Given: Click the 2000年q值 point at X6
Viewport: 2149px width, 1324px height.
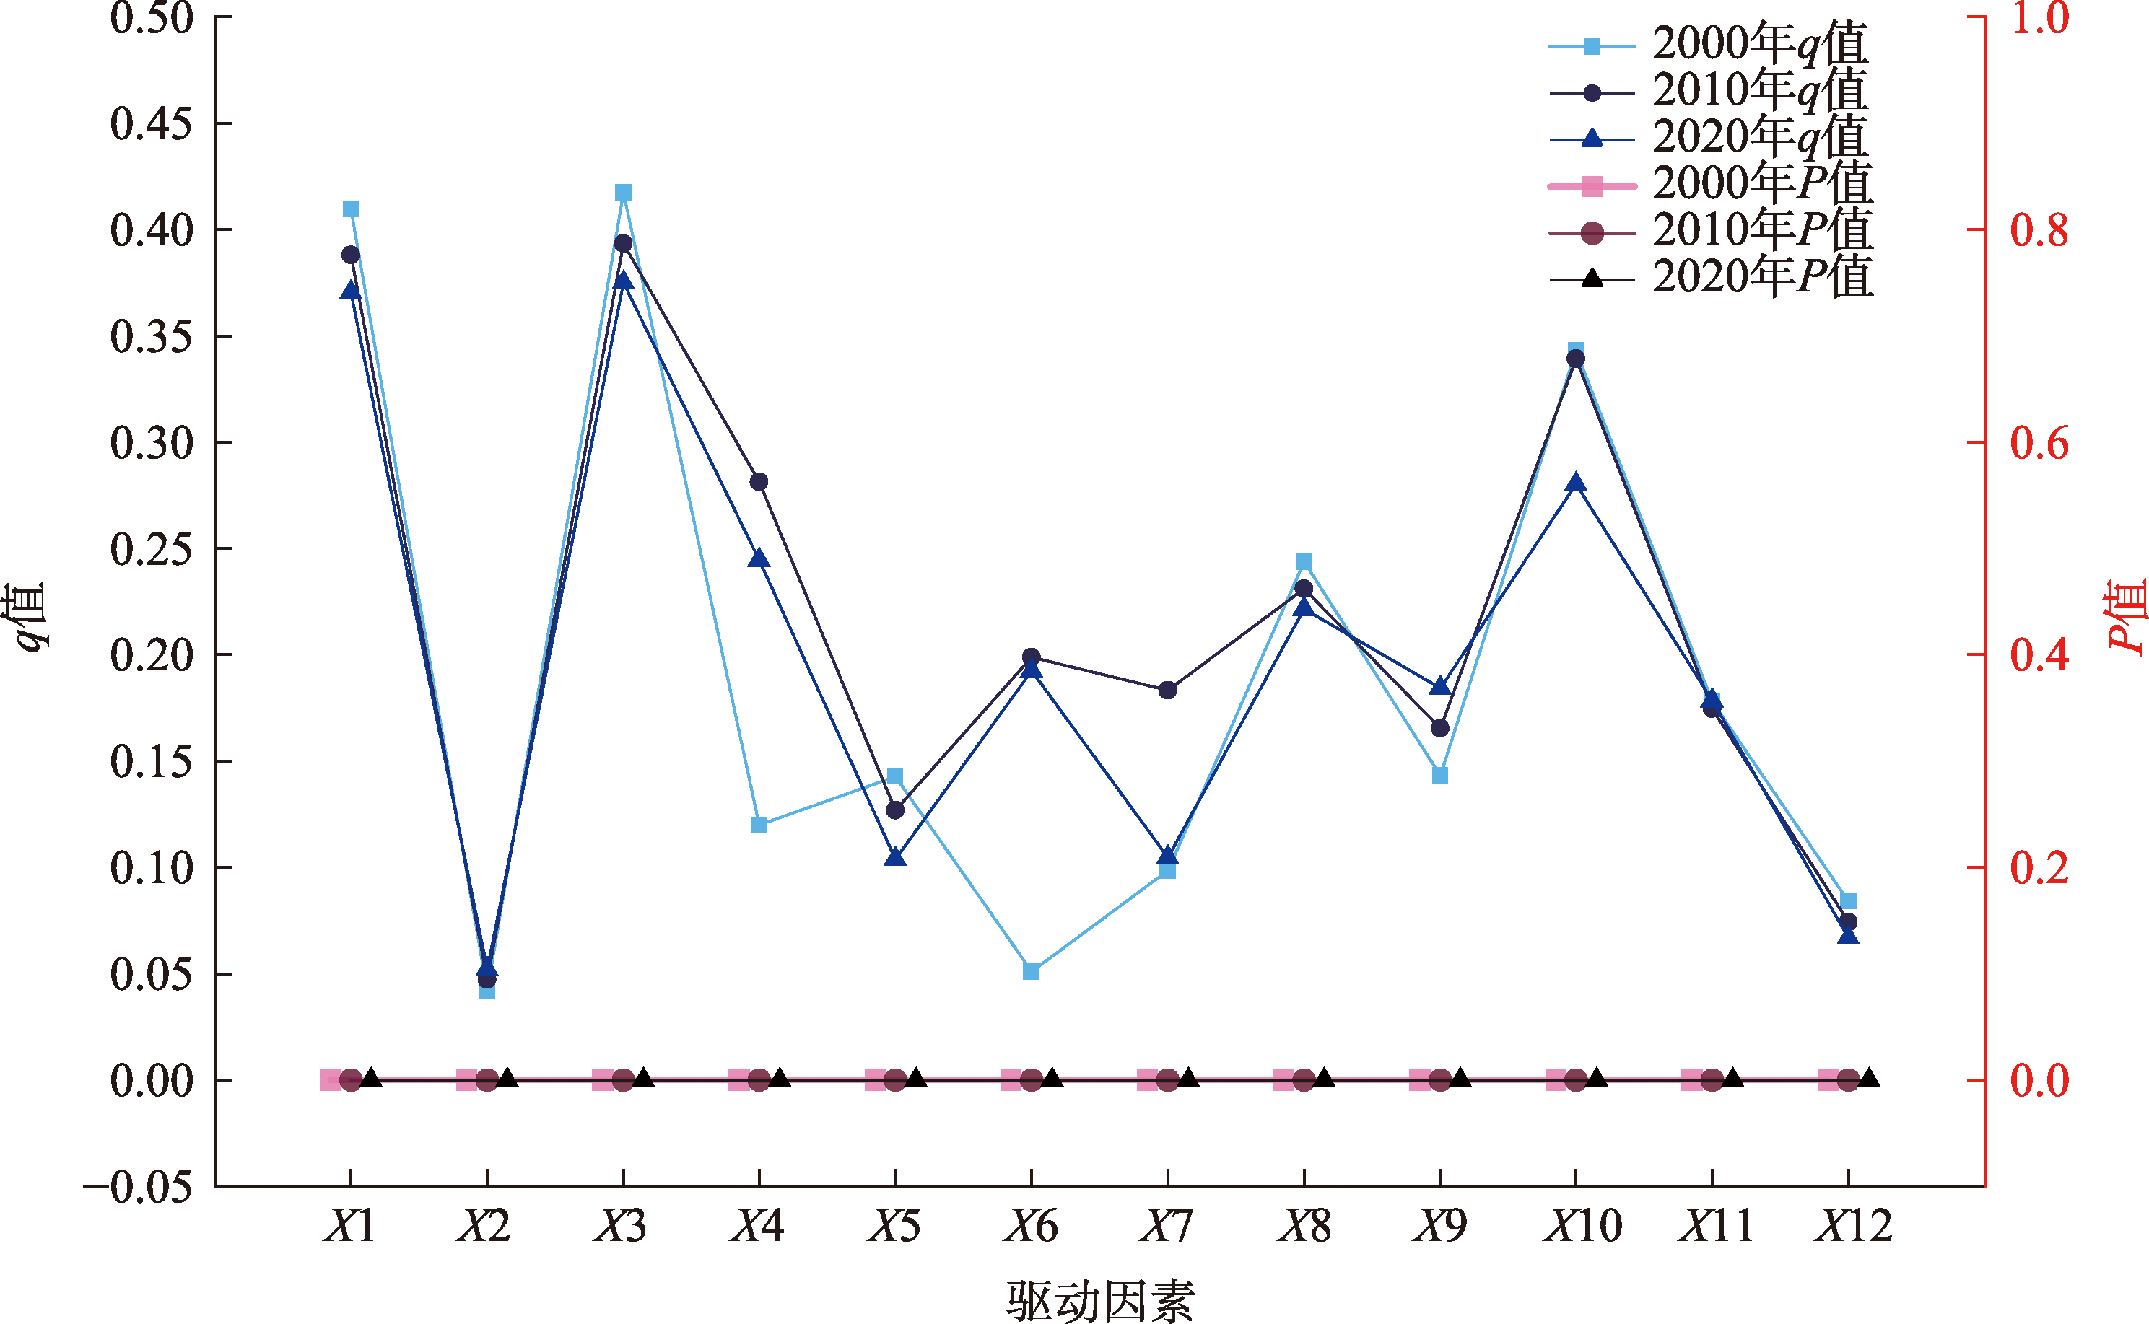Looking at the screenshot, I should click(1031, 971).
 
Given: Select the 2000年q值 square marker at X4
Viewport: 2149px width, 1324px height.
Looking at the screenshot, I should click(759, 825).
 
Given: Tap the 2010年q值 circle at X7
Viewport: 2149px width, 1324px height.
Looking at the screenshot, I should click(1167, 690).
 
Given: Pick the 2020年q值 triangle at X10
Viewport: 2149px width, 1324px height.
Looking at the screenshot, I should click(1575, 483).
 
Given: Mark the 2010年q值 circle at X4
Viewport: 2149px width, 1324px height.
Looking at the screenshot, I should click(759, 481).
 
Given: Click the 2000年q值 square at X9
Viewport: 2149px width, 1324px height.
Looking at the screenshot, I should click(1440, 775).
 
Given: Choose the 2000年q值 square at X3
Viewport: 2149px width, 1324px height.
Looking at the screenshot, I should click(623, 193).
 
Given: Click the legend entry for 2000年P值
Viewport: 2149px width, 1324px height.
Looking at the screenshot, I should click(1761, 185).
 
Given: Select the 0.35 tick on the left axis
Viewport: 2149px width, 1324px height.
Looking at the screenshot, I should click(151, 337).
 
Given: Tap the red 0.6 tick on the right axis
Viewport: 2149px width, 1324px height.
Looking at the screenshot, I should click(2039, 443).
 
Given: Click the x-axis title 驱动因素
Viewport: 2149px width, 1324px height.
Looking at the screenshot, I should click(1099, 1300).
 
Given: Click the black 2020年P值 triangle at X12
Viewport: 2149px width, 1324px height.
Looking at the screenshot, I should click(1869, 1077).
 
